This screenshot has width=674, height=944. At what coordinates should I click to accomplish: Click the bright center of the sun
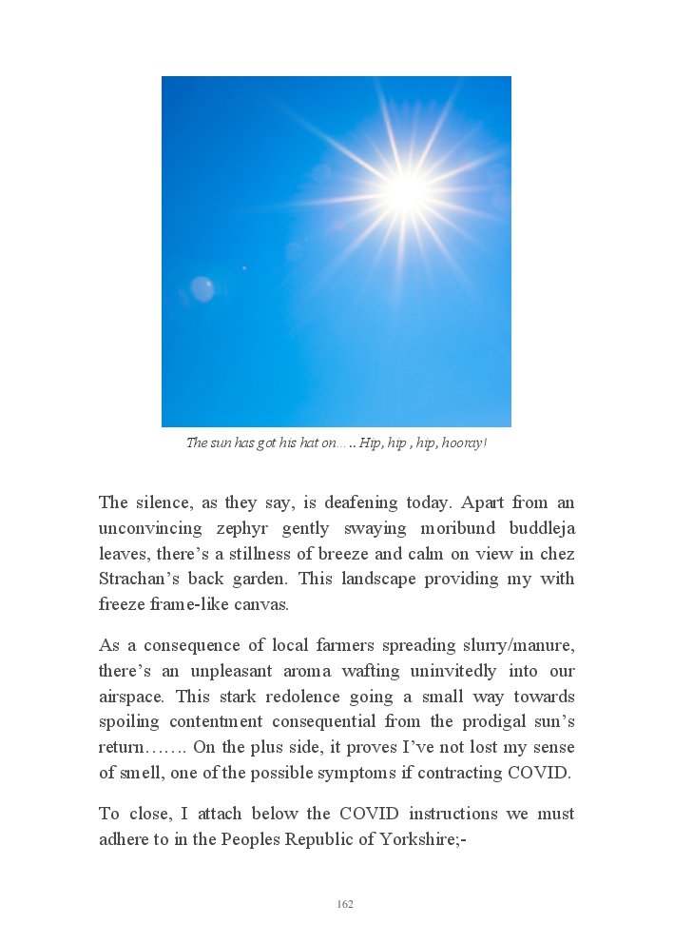point(407,190)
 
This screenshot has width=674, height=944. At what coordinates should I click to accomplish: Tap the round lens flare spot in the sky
point(202,288)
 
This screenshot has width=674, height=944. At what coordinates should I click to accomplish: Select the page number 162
point(345,904)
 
